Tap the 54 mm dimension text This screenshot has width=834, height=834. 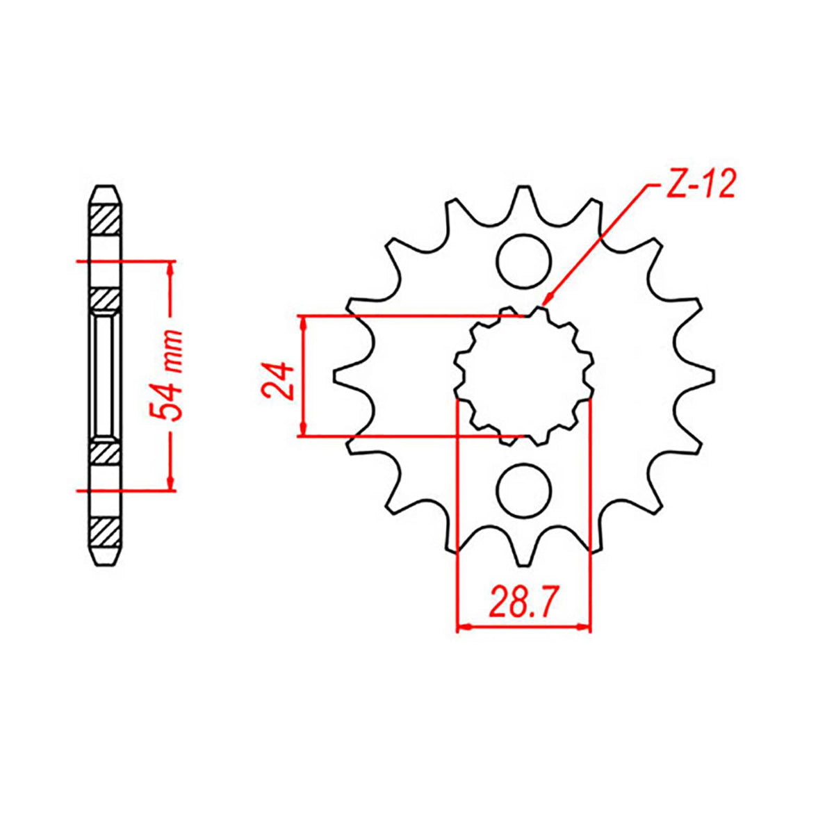point(169,375)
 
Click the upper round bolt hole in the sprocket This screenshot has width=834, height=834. point(524,261)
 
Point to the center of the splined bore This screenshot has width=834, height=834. point(524,376)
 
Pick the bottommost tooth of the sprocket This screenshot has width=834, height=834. point(524,556)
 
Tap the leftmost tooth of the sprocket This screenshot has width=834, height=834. point(343,376)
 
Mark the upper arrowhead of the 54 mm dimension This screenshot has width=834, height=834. point(170,268)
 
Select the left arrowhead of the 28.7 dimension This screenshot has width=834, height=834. point(462,628)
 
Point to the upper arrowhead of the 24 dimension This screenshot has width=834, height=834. point(302,322)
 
